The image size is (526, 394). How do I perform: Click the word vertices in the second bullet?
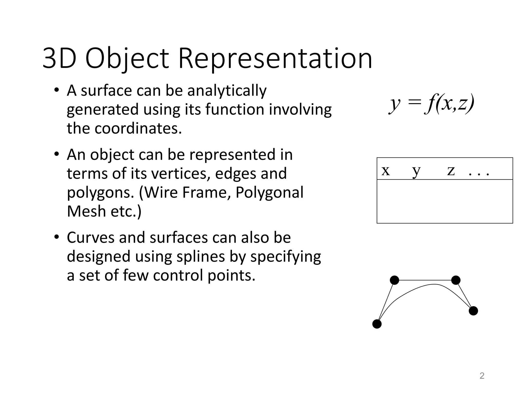tap(181, 173)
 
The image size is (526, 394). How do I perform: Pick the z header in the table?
tap(451, 171)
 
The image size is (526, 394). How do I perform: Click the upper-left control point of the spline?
tap(394, 280)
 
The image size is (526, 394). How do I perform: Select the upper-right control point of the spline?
tap(456, 280)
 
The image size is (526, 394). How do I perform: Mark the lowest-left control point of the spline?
tap(377, 324)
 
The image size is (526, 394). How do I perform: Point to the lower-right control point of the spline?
tap(473, 311)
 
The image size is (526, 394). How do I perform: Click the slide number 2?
tap(482, 376)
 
